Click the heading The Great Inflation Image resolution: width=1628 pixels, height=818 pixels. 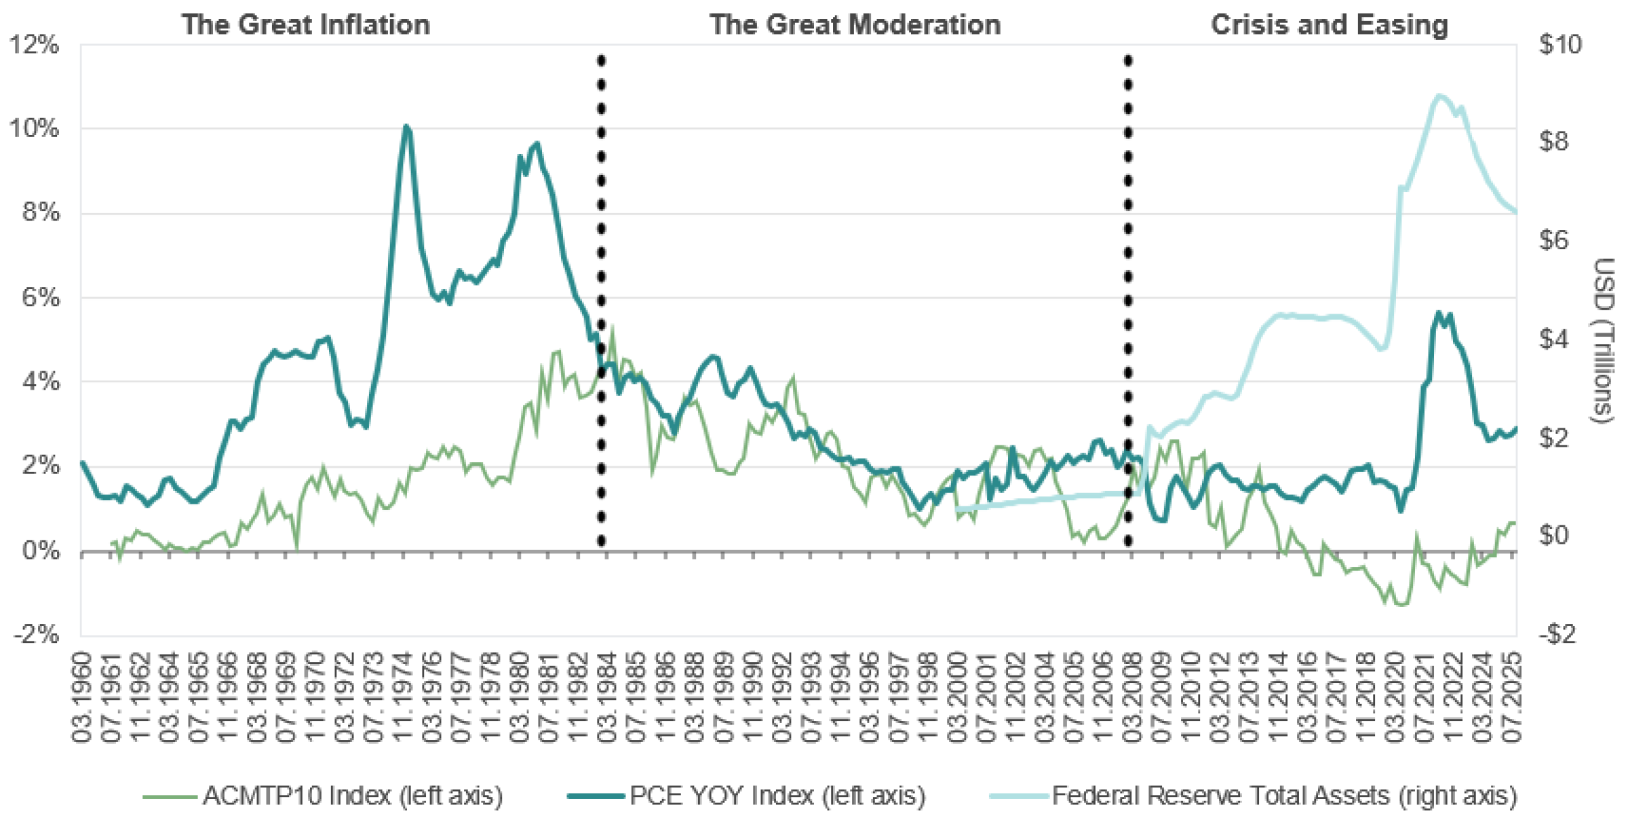click(305, 24)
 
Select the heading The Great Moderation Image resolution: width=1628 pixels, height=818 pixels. click(855, 24)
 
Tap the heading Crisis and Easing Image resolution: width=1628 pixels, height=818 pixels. click(1329, 24)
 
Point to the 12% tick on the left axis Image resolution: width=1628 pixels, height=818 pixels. click(34, 45)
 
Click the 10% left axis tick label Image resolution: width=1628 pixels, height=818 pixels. click(34, 128)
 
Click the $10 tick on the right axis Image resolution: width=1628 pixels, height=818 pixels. click(1560, 45)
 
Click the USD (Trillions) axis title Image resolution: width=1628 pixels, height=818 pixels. click(1603, 339)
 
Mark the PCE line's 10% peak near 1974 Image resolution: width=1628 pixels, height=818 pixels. click(406, 126)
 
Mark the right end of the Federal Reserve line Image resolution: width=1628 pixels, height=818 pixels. click(1515, 212)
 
